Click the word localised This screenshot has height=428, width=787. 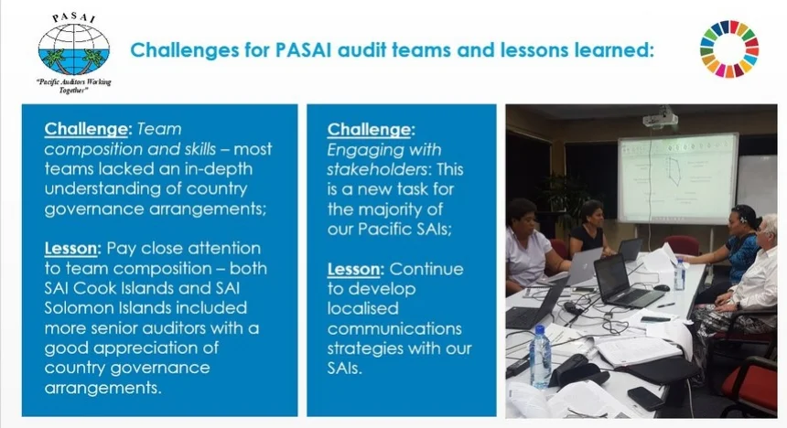click(x=362, y=308)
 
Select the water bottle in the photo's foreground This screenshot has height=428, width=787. click(x=540, y=357)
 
